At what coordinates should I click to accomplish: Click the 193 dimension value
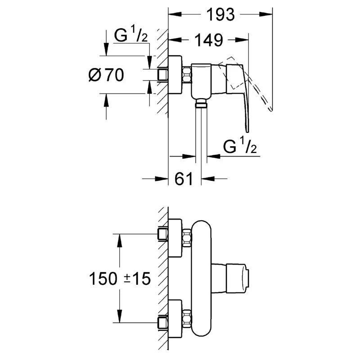pyautogui.click(x=220, y=15)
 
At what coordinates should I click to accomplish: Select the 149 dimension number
pyautogui.click(x=208, y=40)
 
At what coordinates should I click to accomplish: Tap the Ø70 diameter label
pyautogui.click(x=106, y=75)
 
